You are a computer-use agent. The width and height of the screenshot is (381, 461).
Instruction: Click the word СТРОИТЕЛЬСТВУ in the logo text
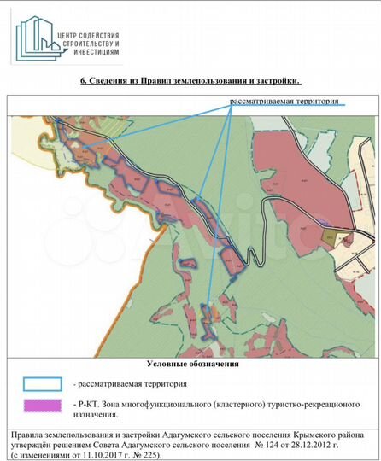[83, 43]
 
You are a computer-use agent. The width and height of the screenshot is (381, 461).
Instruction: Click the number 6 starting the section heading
[83, 82]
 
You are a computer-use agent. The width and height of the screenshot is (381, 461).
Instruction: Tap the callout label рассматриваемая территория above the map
[284, 102]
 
